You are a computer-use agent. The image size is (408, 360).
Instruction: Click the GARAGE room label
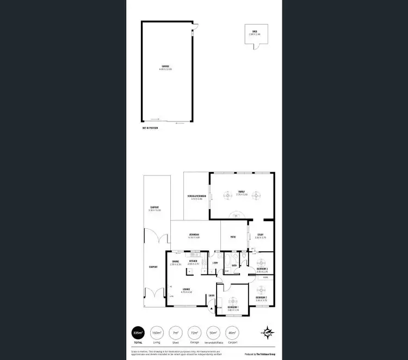(x=165, y=67)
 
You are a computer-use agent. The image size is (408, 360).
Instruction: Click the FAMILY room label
(x=242, y=192)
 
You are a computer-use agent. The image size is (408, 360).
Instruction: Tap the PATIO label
(x=233, y=236)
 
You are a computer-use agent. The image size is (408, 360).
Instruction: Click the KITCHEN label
(x=193, y=261)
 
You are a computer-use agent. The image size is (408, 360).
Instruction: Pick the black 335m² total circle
(x=138, y=333)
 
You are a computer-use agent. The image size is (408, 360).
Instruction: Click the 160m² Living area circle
(x=156, y=333)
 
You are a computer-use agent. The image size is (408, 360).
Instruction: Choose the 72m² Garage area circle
(x=193, y=333)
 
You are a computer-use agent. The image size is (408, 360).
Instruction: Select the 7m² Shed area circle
(x=175, y=333)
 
